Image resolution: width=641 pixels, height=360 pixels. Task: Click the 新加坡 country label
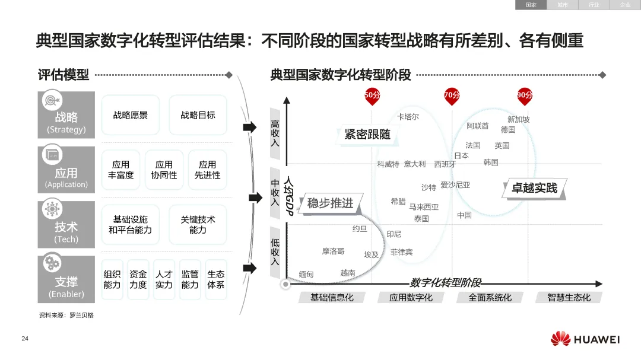pyautogui.click(x=518, y=119)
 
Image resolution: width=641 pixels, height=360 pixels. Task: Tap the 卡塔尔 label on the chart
pyautogui.click(x=408, y=117)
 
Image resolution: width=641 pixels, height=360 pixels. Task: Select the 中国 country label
pyautogui.click(x=464, y=215)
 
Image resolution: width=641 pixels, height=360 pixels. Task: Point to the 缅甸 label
pyautogui.click(x=306, y=275)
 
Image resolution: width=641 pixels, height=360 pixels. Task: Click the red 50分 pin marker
pyautogui.click(x=372, y=96)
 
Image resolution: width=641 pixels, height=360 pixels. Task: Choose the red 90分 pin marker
pyautogui.click(x=524, y=96)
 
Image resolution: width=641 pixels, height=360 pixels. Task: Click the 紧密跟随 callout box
pyautogui.click(x=367, y=135)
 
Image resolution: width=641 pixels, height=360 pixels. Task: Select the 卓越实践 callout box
pyautogui.click(x=534, y=188)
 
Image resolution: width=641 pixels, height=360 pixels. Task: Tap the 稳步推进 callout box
pyautogui.click(x=330, y=203)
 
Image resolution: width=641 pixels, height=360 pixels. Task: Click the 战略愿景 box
pyautogui.click(x=131, y=115)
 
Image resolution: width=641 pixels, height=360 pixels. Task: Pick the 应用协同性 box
pyautogui.click(x=164, y=170)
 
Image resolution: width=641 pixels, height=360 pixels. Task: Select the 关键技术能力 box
pyautogui.click(x=198, y=224)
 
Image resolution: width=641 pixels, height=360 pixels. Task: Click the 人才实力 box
pyautogui.click(x=164, y=279)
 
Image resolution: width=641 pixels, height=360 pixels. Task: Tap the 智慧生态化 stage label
pyautogui.click(x=569, y=297)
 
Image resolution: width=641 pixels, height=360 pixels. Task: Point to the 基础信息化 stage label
pyautogui.click(x=332, y=297)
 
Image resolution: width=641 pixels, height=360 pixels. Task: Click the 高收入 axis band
pyautogui.click(x=275, y=133)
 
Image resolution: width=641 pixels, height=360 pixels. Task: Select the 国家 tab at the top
pyautogui.click(x=531, y=5)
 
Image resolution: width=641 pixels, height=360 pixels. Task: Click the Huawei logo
pyautogui.click(x=585, y=339)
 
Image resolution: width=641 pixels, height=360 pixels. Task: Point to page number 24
pyautogui.click(x=25, y=339)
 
